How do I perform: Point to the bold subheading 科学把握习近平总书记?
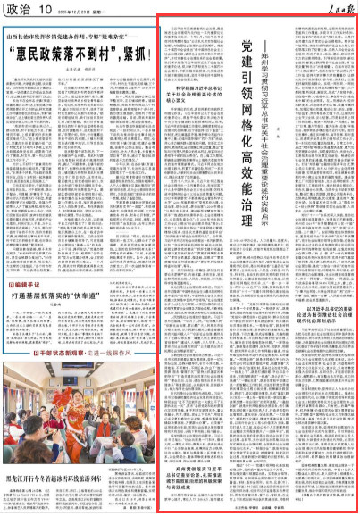tap(197, 142)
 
